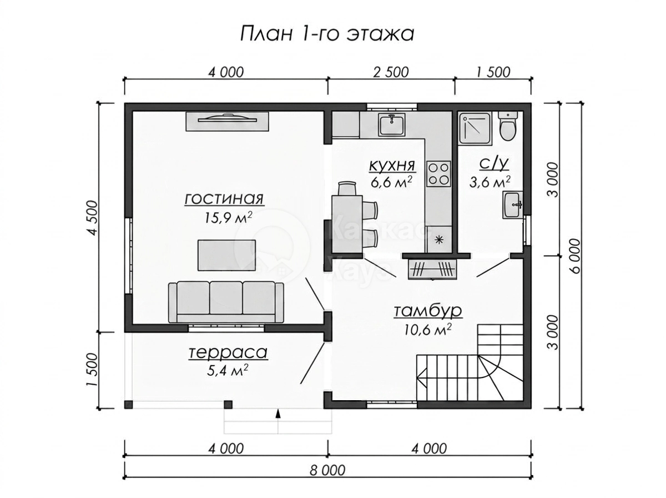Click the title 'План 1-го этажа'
pos(327,33)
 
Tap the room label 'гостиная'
pos(224,199)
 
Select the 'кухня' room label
pos(392,166)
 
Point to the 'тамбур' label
pos(427,311)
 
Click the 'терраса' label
pos(228,352)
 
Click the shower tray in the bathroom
pos(475,128)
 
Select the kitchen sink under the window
pos(391,124)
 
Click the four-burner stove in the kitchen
pos(438,174)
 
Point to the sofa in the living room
pos(226,302)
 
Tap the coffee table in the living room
pos(226,255)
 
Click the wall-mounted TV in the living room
pos(227,121)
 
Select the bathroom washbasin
pos(512,205)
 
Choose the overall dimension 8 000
pos(327,470)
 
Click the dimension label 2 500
pos(391,72)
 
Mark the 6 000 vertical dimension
pos(574,256)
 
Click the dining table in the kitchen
pos(347,224)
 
